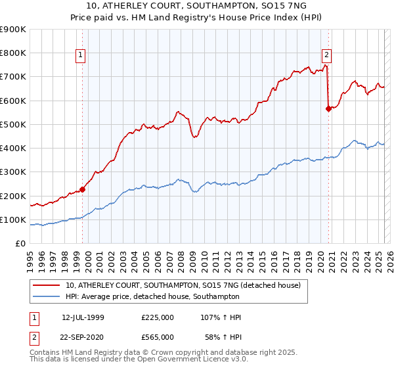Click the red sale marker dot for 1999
tap(83, 190)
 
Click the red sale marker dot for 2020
tap(328, 109)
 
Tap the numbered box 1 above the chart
tap(80, 55)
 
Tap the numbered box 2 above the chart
tap(326, 55)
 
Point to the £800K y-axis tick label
tap(12, 53)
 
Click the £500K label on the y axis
tap(12, 124)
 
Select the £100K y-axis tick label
tap(12, 219)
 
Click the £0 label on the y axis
tap(20, 243)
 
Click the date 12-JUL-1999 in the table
tap(83, 317)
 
